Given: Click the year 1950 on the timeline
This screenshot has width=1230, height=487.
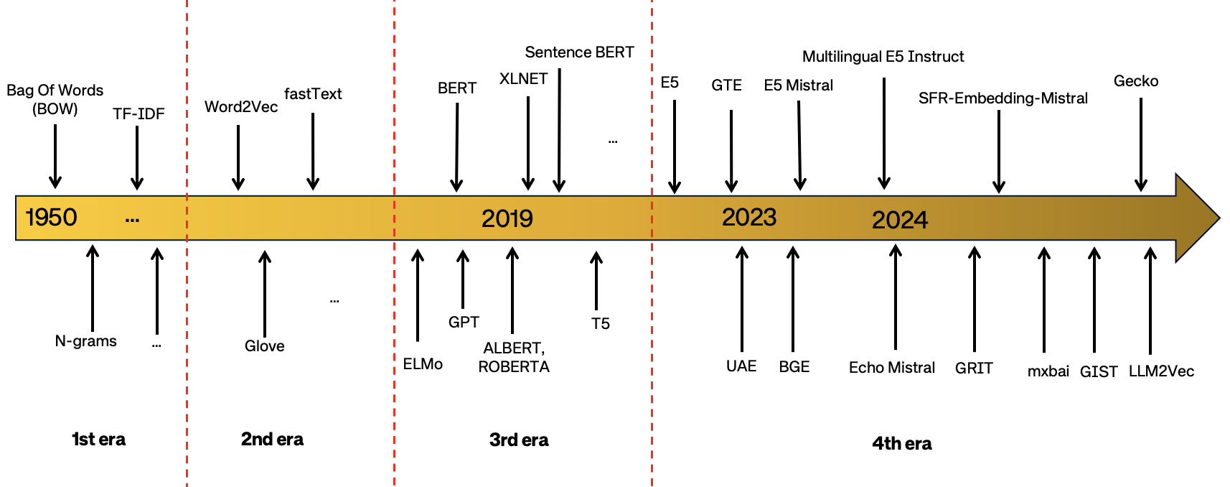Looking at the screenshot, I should click(x=51, y=217).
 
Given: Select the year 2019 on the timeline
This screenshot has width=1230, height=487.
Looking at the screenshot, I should click(x=507, y=218).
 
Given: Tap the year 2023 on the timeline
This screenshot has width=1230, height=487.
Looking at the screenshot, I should click(x=748, y=217).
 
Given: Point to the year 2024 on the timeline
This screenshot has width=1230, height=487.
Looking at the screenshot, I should click(x=899, y=220).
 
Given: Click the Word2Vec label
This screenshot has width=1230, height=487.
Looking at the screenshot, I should click(x=240, y=107).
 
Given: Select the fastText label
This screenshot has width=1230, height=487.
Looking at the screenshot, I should click(x=313, y=94).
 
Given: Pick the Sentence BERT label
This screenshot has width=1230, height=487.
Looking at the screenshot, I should click(x=579, y=52).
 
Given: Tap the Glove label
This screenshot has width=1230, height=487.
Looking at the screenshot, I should click(x=264, y=346).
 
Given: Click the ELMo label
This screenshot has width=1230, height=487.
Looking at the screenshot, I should click(x=423, y=364).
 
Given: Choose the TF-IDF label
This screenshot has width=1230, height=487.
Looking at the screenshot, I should click(x=139, y=114).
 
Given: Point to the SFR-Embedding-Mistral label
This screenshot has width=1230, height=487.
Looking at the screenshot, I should click(x=1003, y=98).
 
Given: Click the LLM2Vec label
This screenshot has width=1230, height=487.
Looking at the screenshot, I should click(x=1161, y=371).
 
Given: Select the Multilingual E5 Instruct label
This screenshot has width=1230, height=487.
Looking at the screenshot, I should click(x=883, y=57).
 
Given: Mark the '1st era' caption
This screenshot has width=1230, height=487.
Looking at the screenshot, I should click(x=98, y=440).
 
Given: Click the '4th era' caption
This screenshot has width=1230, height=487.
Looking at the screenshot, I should click(x=901, y=444).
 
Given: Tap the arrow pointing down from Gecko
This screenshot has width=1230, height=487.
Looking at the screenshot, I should click(x=1140, y=144).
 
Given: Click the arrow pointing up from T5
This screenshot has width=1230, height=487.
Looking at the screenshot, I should click(x=596, y=280).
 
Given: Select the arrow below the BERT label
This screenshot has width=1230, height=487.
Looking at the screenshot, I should click(x=456, y=147).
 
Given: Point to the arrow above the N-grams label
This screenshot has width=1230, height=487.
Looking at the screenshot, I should click(x=93, y=287).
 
